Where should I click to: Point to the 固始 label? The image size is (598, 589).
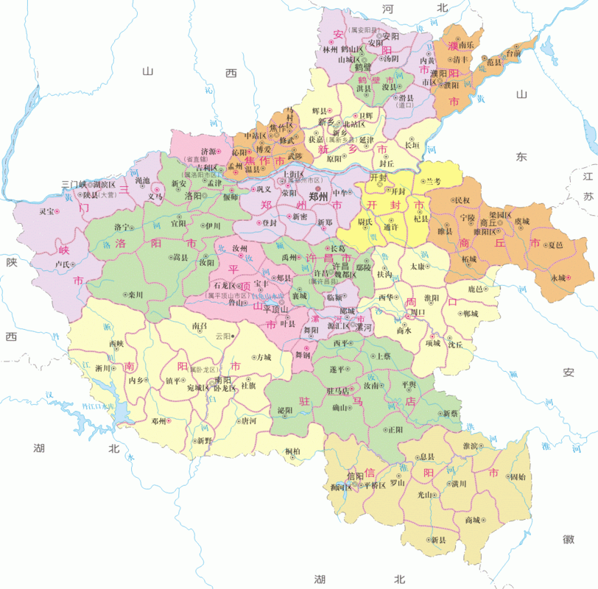tap(518, 476)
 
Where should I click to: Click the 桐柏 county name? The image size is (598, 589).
tap(292, 451)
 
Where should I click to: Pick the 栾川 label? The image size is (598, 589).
tap(135, 294)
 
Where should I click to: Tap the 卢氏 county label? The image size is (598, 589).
tap(63, 264)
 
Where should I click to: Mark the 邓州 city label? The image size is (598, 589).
tap(158, 420)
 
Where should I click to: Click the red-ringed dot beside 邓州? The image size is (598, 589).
tap(170, 420)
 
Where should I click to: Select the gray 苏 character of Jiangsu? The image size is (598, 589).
tap(587, 197)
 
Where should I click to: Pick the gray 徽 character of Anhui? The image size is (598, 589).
tap(568, 539)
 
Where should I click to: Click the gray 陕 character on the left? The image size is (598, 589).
tap(11, 262)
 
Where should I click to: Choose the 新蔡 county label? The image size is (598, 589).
tap(450, 414)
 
